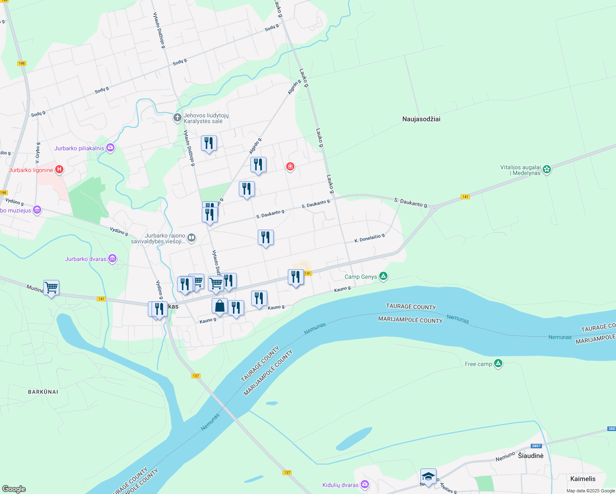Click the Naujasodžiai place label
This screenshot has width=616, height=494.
421,119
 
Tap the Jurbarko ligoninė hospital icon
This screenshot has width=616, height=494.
59,169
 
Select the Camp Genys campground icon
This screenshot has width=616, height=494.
383,276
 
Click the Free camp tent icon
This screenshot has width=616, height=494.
498,364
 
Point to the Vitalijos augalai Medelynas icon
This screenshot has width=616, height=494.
547,169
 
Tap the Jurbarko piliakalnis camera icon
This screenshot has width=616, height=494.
110,147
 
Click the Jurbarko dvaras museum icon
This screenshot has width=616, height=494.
112,259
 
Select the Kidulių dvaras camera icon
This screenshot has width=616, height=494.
364,485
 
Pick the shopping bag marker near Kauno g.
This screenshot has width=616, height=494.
220,306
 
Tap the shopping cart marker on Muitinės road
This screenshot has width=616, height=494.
51,287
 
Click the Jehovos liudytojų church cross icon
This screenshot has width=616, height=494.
177,118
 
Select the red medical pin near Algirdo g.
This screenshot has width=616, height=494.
290,166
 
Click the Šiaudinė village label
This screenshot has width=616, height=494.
530,456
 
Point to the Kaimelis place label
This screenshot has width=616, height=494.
583,479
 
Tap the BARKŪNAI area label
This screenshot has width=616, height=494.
43,392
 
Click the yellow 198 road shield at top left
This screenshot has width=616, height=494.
22,63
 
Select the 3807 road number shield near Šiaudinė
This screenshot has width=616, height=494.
536,446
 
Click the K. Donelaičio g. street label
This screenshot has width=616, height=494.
370,238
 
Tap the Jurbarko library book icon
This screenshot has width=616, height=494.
191,238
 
